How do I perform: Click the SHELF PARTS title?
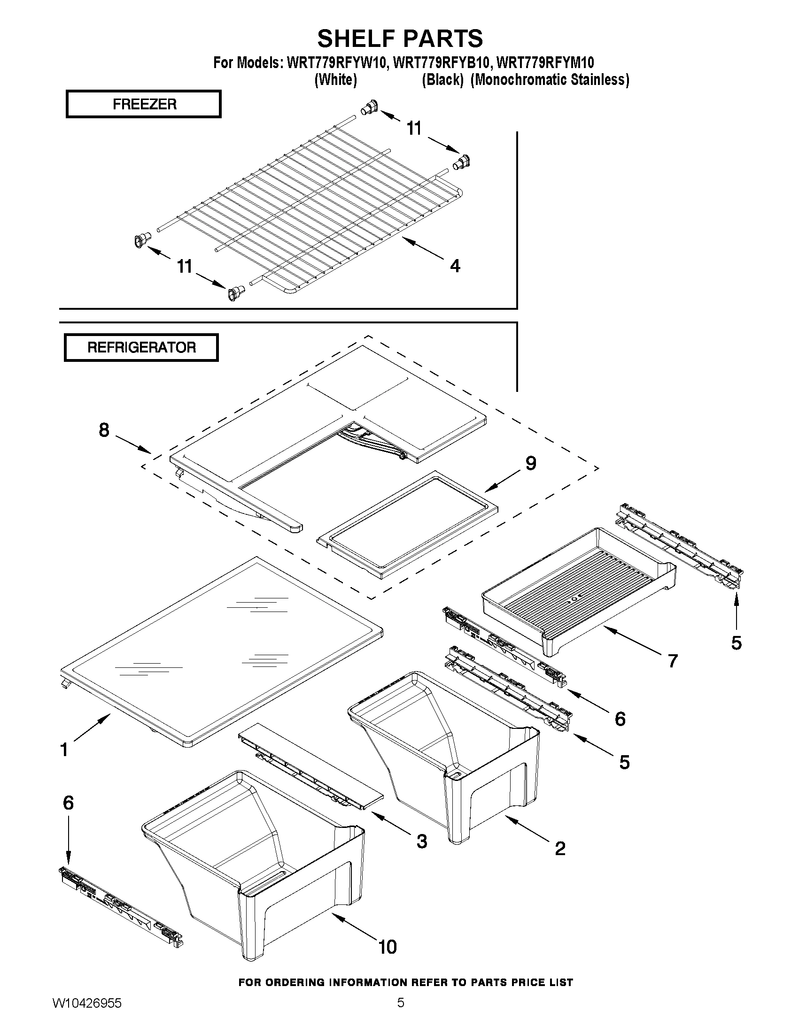coord(400,38)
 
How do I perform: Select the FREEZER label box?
coord(143,104)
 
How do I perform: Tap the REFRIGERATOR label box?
coord(141,348)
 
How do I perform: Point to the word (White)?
coord(335,80)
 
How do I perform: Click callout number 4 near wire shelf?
coord(454,266)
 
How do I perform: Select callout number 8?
coord(104,430)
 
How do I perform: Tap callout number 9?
coord(531,463)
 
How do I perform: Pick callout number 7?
coord(673,661)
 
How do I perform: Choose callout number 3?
coord(422,841)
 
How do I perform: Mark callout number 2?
coord(560,848)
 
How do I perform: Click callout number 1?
coord(64,749)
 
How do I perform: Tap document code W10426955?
coord(86,1016)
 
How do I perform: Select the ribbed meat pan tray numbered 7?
coord(577,591)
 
